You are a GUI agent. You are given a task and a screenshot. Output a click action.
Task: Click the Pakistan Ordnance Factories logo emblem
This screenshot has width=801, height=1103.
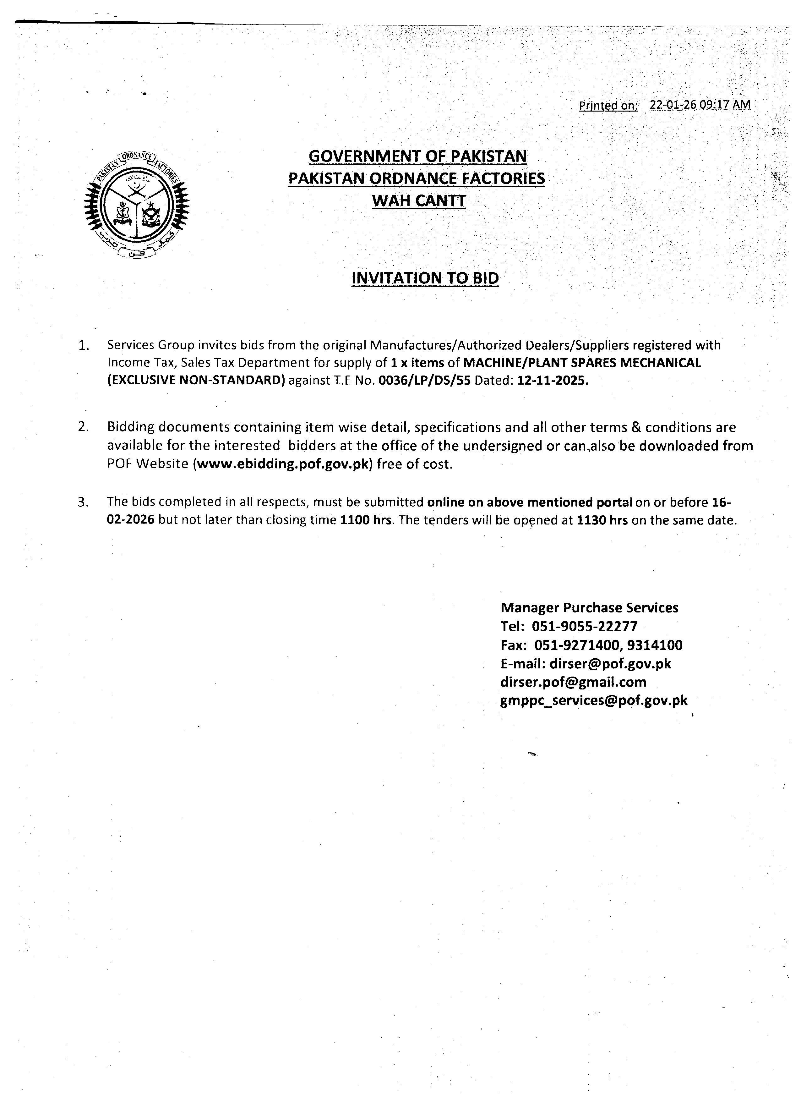137,204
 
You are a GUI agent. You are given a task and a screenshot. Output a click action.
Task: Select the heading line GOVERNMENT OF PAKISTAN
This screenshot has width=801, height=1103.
417,156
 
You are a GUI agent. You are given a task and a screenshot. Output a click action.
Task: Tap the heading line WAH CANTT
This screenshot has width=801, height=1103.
418,200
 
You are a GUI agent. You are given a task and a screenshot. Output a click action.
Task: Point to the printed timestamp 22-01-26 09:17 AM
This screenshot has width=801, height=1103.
700,105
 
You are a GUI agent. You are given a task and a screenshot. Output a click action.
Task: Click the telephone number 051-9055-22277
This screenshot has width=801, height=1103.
585,626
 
